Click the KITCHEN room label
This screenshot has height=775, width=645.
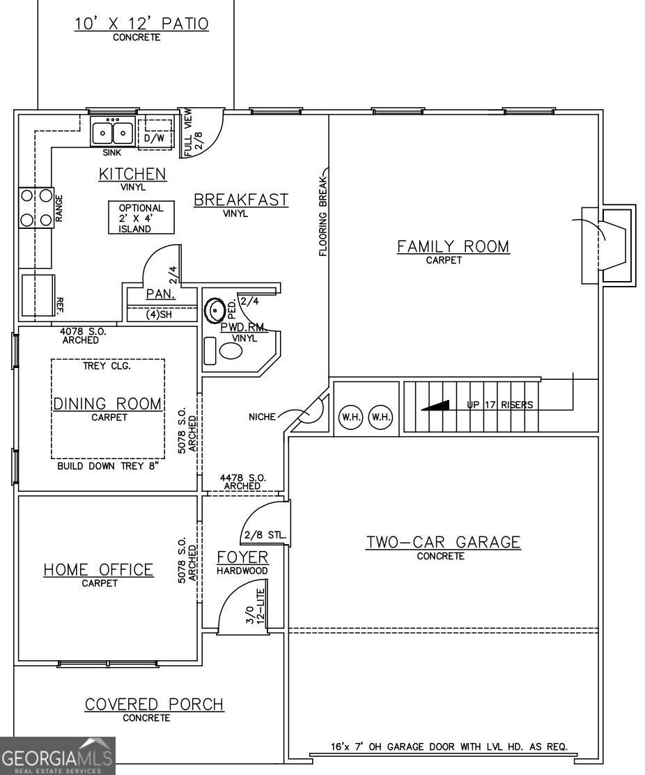(132, 174)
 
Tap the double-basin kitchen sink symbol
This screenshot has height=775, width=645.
(113, 131)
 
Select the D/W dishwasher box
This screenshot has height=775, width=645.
(155, 134)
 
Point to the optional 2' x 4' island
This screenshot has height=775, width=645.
(141, 218)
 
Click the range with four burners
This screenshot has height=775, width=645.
(36, 207)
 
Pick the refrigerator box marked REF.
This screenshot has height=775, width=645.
(38, 295)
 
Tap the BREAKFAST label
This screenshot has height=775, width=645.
(240, 200)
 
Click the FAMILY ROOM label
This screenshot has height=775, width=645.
(453, 246)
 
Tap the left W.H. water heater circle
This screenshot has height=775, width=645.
(351, 417)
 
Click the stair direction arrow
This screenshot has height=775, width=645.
(435, 406)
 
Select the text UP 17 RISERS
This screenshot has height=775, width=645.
(500, 405)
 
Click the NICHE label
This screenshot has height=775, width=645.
(263, 417)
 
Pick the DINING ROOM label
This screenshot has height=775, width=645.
(107, 404)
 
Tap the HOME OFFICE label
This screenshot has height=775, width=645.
(98, 569)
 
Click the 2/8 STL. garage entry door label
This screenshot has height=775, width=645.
(265, 535)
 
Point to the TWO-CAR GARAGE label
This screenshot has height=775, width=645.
(443, 542)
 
